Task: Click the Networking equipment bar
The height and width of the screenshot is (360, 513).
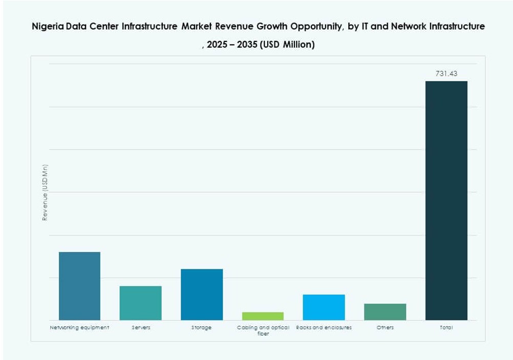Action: [79, 286]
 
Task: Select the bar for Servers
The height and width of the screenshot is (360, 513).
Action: [140, 303]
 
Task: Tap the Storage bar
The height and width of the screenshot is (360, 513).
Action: [202, 294]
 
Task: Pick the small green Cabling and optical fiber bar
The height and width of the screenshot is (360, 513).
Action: [263, 316]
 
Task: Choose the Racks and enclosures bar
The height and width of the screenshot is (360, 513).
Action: [324, 307]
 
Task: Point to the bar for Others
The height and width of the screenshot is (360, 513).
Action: [385, 312]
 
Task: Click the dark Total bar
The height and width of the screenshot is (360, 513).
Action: [446, 200]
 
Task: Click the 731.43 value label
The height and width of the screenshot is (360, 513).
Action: [446, 74]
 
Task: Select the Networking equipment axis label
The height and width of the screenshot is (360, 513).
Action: [79, 328]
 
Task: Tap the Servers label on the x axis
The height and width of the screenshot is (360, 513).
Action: [141, 328]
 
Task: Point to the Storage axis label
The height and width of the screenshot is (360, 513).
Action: [202, 328]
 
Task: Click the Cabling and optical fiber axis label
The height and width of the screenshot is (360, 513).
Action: [263, 330]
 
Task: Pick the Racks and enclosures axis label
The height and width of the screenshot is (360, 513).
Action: [324, 328]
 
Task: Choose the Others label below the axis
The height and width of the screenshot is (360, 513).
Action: [385, 328]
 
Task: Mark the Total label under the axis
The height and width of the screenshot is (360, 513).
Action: [446, 328]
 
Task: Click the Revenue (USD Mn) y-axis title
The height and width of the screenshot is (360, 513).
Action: [45, 192]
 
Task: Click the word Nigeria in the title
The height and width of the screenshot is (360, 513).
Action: [49, 26]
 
